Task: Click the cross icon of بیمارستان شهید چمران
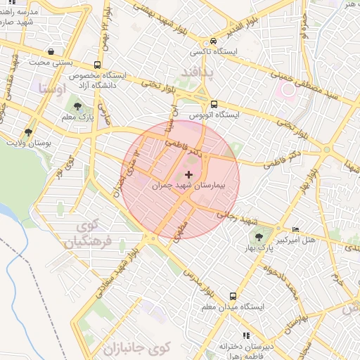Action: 188,174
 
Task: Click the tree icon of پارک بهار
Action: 259,236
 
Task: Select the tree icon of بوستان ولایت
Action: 28,131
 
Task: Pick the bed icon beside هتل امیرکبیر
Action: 295,229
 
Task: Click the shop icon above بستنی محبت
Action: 51,51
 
